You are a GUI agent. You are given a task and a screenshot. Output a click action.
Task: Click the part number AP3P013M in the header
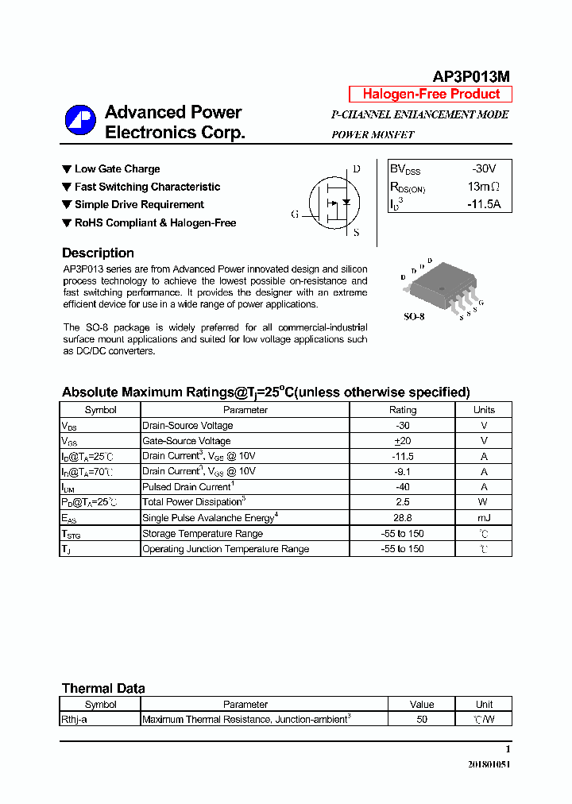(x=470, y=77)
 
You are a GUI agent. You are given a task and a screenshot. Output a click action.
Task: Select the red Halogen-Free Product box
(x=431, y=95)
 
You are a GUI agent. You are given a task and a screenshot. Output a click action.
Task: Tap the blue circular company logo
(x=80, y=122)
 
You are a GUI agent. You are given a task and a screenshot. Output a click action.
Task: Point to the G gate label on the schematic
(x=295, y=215)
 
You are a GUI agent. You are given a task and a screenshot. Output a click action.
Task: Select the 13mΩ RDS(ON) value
(x=483, y=187)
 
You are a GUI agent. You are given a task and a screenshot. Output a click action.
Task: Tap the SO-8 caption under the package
(x=415, y=316)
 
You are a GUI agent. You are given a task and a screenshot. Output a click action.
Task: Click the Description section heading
(x=98, y=253)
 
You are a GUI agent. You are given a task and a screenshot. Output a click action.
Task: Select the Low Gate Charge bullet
(x=117, y=169)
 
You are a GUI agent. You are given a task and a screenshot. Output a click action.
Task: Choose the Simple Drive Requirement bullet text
(x=139, y=205)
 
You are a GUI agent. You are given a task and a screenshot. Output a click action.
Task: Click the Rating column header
(x=402, y=410)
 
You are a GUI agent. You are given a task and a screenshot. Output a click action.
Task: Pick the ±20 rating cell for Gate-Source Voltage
(x=402, y=441)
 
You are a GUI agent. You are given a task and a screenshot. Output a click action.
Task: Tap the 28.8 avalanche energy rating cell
(x=402, y=518)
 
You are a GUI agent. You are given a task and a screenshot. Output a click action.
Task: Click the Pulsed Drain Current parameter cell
(x=188, y=487)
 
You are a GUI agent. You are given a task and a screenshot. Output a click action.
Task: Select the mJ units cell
(x=483, y=518)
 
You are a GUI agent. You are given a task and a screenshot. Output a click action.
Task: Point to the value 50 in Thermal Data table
(x=422, y=720)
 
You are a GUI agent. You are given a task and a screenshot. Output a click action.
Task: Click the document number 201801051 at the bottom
(x=488, y=764)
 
